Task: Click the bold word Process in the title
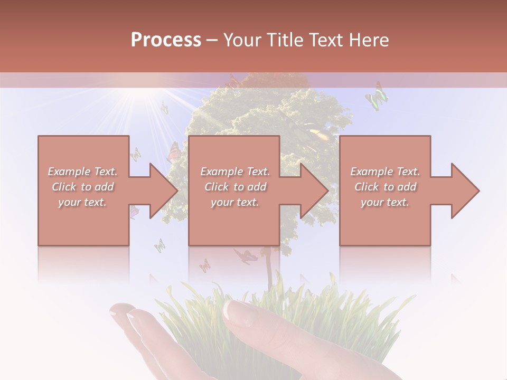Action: click(166, 40)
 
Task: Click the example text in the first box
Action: click(82, 187)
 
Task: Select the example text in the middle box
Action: click(235, 187)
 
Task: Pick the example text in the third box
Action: click(385, 187)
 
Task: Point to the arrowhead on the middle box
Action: click(316, 191)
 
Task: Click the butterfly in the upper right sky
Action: click(377, 96)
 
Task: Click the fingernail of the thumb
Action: click(234, 310)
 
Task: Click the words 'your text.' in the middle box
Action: click(235, 202)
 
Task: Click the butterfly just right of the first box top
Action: click(136, 154)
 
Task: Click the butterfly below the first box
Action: click(159, 245)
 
